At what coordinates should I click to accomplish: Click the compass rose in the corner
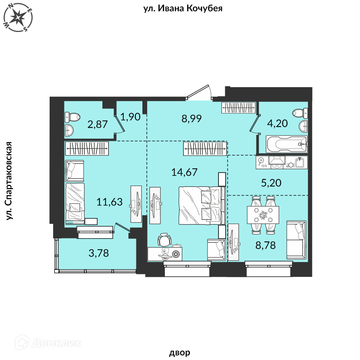pyautogui.click(x=18, y=18)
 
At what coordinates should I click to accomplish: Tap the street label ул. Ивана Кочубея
pyautogui.click(x=183, y=8)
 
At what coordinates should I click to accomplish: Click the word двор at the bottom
pyautogui.click(x=180, y=352)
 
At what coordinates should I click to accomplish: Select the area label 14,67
pyautogui.click(x=184, y=172)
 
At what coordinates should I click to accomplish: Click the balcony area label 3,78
pyautogui.click(x=98, y=253)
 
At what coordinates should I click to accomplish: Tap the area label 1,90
pyautogui.click(x=130, y=117)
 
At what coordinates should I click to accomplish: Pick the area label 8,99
pyautogui.click(x=192, y=118)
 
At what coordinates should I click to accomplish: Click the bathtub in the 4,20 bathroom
pyautogui.click(x=286, y=144)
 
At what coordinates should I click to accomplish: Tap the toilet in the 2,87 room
pyautogui.click(x=72, y=117)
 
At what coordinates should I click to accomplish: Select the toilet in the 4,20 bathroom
pyautogui.click(x=300, y=113)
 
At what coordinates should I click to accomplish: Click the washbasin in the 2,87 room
pyautogui.click(x=69, y=130)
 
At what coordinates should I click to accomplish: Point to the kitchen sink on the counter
pyautogui.click(x=301, y=162)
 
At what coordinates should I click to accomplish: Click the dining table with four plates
pyautogui.click(x=263, y=215)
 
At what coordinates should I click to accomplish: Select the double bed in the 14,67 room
pyautogui.click(x=202, y=205)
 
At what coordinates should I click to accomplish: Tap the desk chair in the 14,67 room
pyautogui.click(x=164, y=240)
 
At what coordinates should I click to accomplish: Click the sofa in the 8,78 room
pyautogui.click(x=296, y=240)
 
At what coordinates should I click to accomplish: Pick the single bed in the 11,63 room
pyautogui.click(x=75, y=204)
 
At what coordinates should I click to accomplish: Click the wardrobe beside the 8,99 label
pyautogui.click(x=238, y=108)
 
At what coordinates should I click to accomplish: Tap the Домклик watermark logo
pyautogui.click(x=48, y=343)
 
